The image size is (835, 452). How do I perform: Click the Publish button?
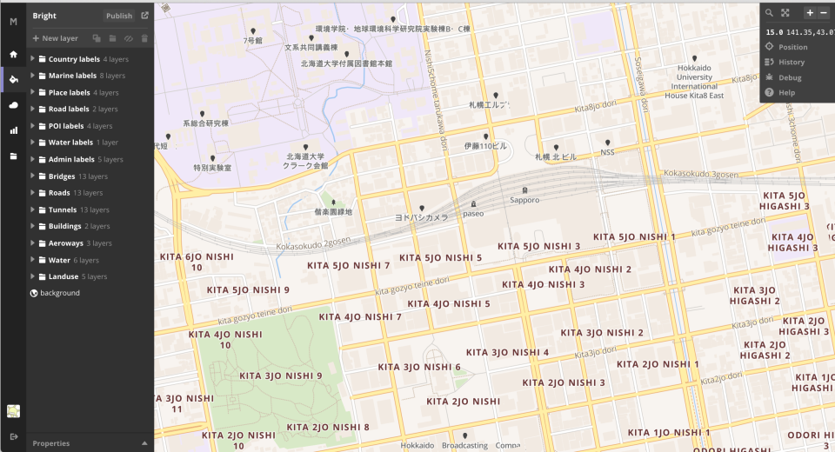[x=119, y=16]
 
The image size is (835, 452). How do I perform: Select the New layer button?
[x=56, y=38]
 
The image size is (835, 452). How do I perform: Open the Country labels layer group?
[x=74, y=59]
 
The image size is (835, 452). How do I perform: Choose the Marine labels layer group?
[x=72, y=76]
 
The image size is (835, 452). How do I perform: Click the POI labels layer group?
[x=66, y=126]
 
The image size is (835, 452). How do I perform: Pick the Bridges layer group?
[x=62, y=176]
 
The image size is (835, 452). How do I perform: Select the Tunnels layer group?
[x=63, y=209]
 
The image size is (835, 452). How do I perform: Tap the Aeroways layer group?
[x=66, y=243]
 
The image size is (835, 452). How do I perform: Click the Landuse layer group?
[x=64, y=276]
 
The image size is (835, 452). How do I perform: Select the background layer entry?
[x=59, y=293]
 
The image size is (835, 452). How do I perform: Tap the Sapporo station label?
[x=524, y=200]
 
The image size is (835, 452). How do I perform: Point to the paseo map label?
[x=473, y=213]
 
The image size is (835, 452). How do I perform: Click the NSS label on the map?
[x=607, y=152]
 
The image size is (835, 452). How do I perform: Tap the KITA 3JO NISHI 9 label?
[x=280, y=376]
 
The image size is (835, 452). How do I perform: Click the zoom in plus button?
[x=810, y=13]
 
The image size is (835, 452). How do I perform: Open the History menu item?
[x=791, y=63]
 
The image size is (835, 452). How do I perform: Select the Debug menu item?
[x=790, y=77]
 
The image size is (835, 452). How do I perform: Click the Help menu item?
[x=786, y=92]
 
